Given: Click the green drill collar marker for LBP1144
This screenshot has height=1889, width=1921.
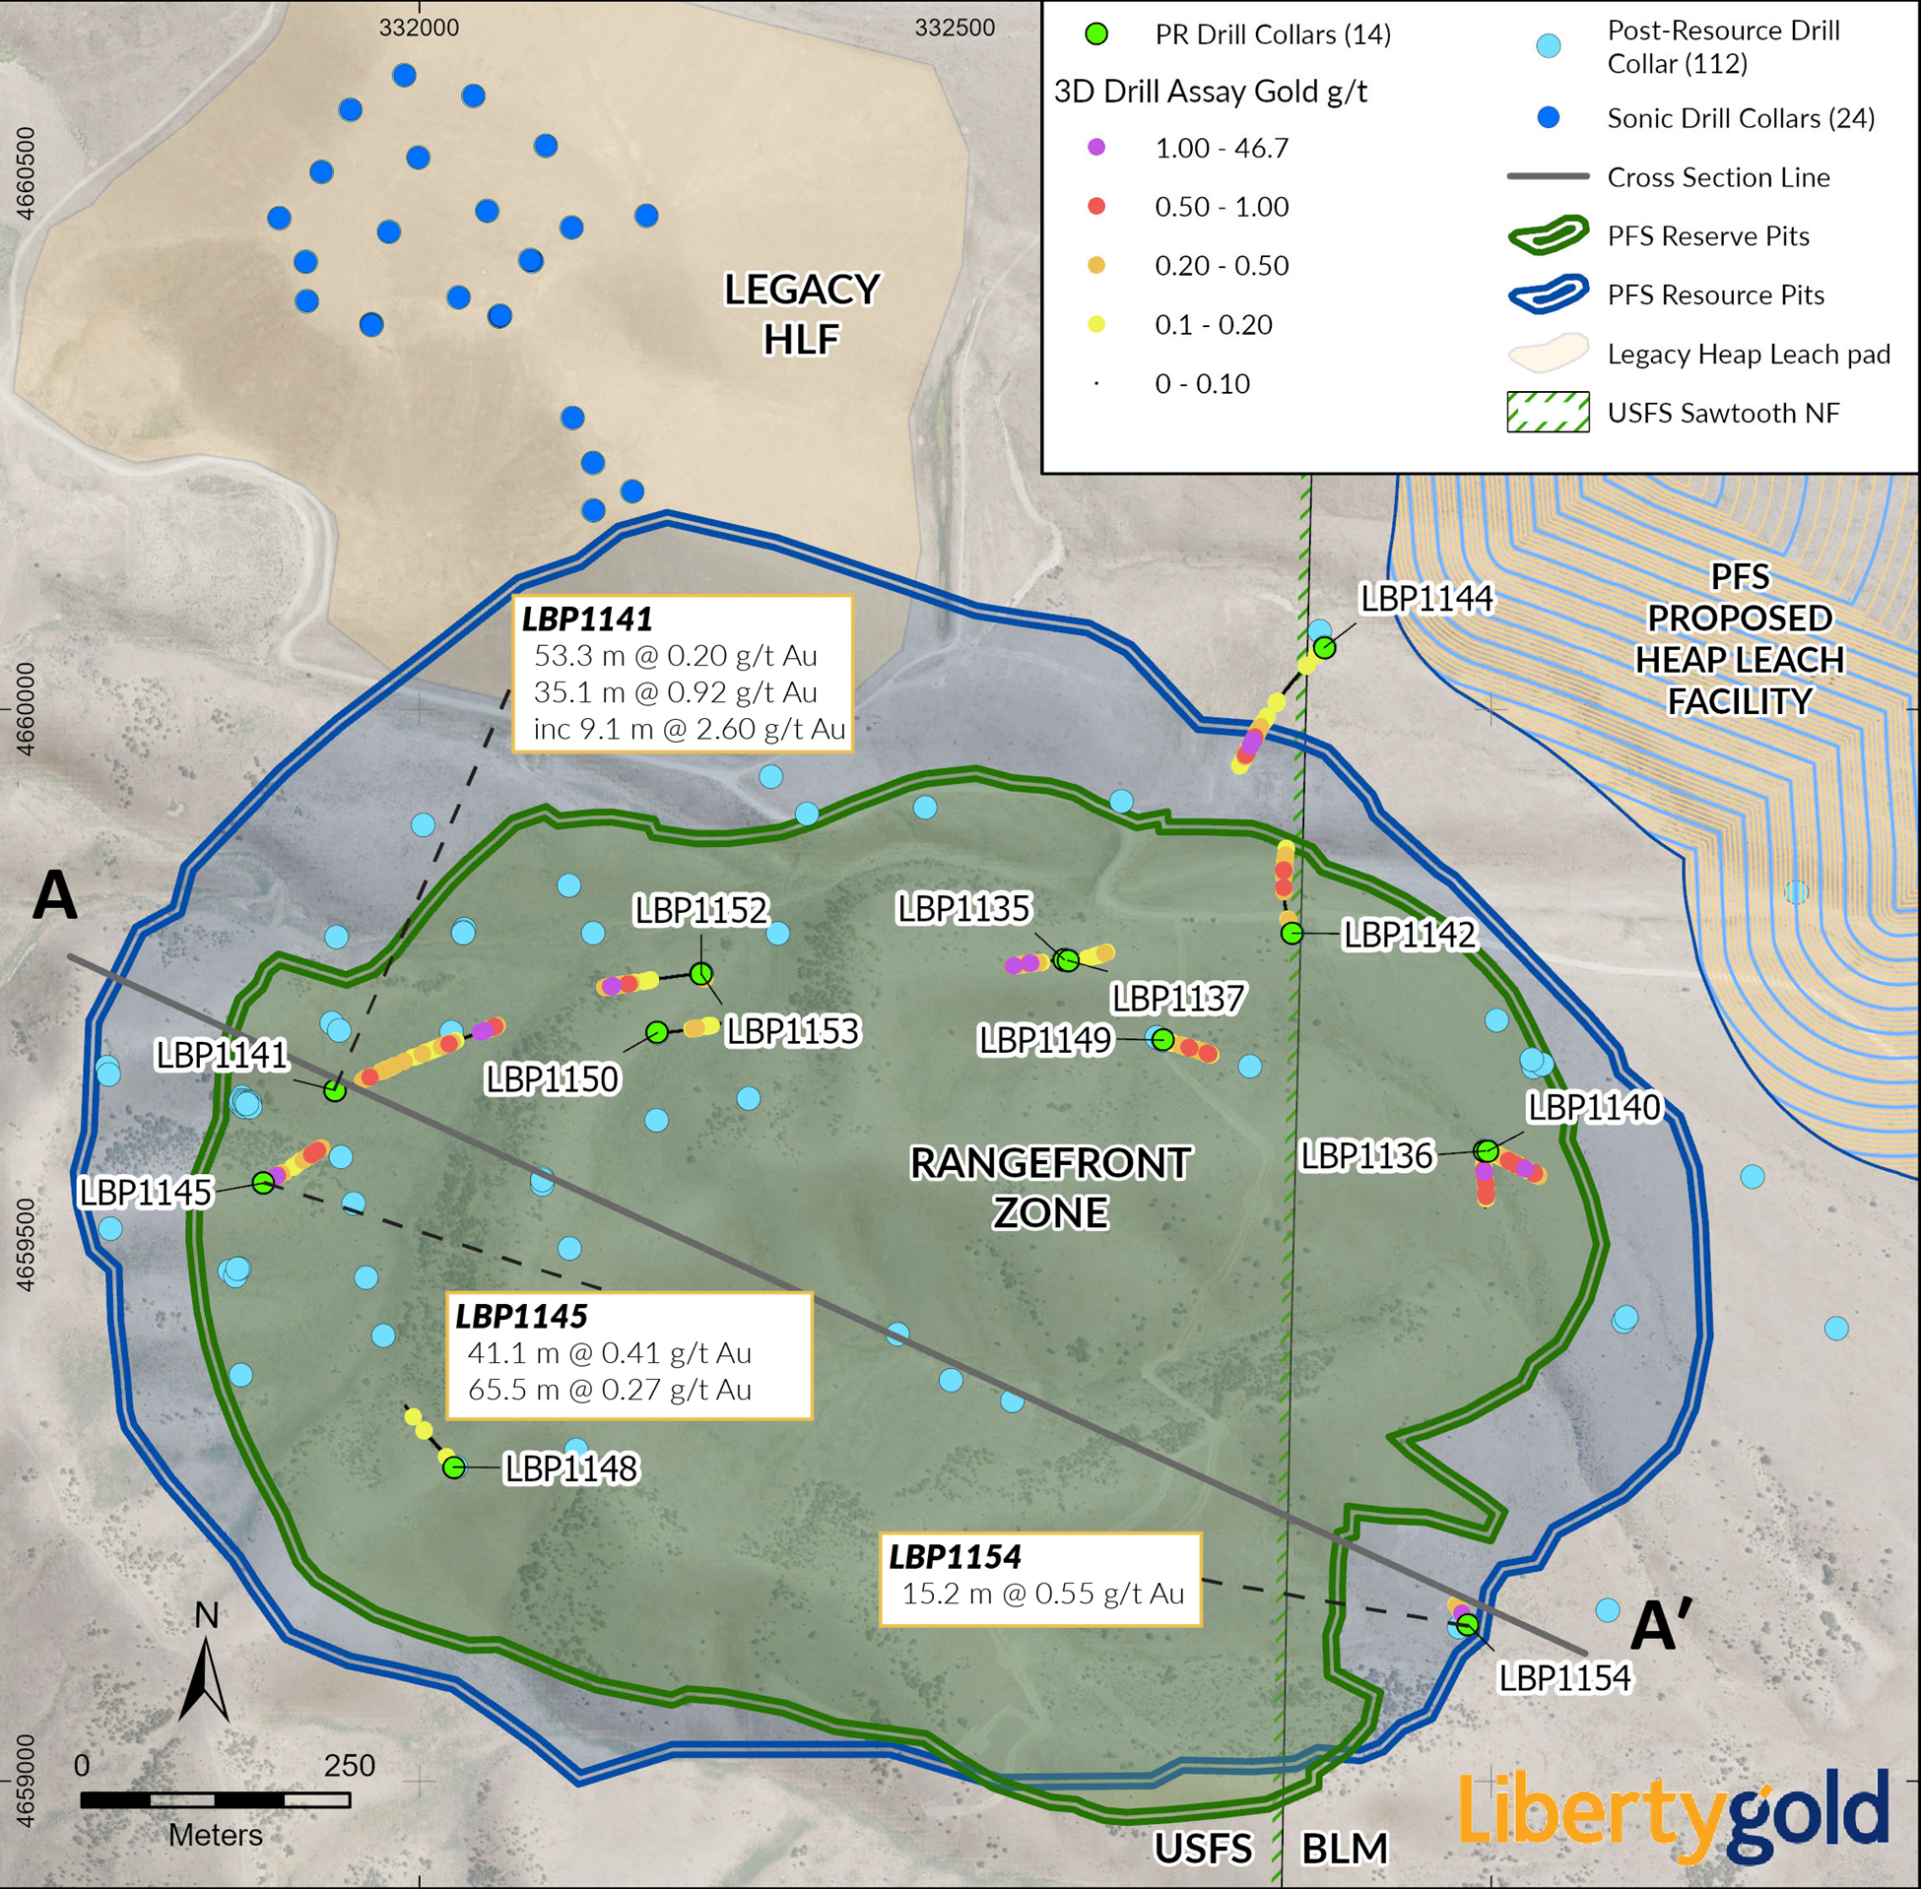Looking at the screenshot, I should click(x=1325, y=648).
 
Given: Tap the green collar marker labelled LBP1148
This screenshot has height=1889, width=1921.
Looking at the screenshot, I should click(x=453, y=1467).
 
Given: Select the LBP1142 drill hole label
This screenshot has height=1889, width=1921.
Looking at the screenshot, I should click(x=1409, y=935).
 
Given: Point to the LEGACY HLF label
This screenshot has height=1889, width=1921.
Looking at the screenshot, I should click(x=802, y=313).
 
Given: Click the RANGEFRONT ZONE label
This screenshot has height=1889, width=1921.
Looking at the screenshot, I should click(x=1051, y=1188).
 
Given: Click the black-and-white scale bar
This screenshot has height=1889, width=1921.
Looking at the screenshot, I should click(x=216, y=1799).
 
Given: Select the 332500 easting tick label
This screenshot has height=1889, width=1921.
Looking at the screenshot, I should click(x=955, y=28).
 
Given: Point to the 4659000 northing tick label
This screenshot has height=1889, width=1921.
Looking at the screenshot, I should click(x=27, y=1781).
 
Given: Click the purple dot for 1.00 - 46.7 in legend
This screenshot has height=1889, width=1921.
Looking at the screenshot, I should click(x=1096, y=148).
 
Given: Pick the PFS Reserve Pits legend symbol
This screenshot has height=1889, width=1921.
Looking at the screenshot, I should click(x=1548, y=236).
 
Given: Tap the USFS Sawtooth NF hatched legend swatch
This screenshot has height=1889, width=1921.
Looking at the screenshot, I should click(x=1548, y=413).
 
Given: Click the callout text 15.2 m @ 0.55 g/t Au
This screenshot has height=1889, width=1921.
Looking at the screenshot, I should click(x=1043, y=1594).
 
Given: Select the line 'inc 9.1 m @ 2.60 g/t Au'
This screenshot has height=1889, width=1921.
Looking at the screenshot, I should click(x=689, y=729).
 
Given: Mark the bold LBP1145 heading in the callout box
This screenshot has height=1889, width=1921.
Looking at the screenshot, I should click(x=522, y=1317).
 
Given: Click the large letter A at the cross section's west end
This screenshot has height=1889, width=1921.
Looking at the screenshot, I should click(x=54, y=896).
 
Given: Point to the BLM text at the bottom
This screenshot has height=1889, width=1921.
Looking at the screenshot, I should click(x=1345, y=1850).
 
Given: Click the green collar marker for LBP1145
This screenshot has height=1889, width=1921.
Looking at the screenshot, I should click(x=263, y=1183).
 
